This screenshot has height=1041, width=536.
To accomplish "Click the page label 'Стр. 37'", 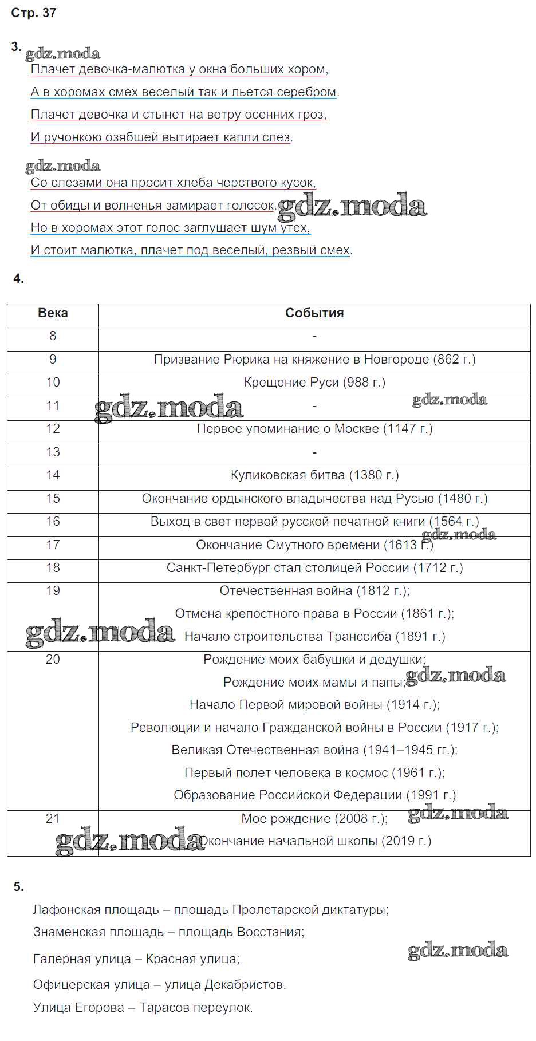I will coord(34,13).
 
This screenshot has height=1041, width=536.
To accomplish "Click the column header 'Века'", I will coord(53,313).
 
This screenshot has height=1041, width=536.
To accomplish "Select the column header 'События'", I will coord(314,313).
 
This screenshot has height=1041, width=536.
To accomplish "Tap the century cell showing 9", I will coord(53,360).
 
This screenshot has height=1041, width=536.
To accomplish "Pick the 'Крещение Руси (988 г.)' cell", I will coord(314,383).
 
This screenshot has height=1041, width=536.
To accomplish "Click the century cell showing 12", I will coord(53,429).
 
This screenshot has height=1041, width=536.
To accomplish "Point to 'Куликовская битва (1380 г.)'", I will coord(314,475).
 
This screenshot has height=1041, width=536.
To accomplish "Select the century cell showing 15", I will coord(53,499).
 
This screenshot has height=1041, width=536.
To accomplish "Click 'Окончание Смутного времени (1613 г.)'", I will coord(314,545).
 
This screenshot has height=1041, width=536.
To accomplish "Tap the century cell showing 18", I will coord(53,568).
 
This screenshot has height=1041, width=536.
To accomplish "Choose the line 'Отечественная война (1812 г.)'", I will coord(314,591).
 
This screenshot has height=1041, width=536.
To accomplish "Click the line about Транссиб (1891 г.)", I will coord(314,637).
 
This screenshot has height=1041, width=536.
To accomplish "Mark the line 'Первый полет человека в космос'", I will coord(314,773).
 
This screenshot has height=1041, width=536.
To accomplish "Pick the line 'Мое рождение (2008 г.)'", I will coord(314,819).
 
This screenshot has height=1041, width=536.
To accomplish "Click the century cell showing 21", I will coord(53,819).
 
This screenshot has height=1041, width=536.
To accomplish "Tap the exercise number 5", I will coord(18,887).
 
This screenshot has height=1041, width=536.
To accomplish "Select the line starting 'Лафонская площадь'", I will coord(211,910).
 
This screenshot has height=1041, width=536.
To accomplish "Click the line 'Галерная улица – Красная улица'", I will coord(136,959).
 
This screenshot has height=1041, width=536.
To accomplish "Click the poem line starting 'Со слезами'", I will coord(173,183).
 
